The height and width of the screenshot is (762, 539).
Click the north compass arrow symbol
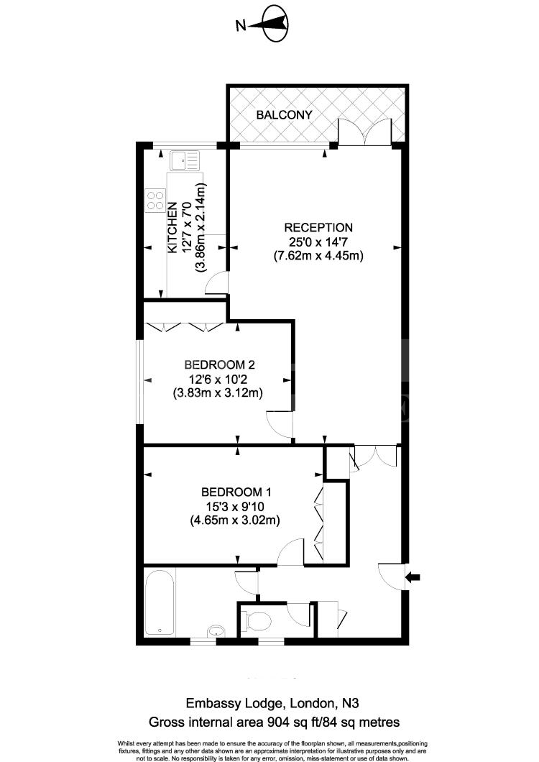tap(274, 24)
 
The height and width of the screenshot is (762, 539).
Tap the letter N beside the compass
tap(241, 25)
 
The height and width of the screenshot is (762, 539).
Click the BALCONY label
tap(285, 115)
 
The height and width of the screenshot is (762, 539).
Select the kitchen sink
tap(184, 160)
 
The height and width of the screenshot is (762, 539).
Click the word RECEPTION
tap(318, 227)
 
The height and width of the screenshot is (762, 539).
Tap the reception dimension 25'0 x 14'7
tap(318, 242)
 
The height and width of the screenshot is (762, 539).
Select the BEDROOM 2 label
tap(219, 364)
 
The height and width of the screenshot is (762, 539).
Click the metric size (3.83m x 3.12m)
tap(218, 393)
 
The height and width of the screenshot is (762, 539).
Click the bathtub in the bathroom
tap(160, 602)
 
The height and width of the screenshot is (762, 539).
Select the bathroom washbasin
tap(216, 631)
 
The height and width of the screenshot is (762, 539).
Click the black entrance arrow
tap(413, 577)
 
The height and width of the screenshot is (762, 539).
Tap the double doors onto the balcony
tap(365, 132)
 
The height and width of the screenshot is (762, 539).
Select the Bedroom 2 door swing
tap(280, 423)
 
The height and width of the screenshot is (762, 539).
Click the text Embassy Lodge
tap(234, 703)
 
